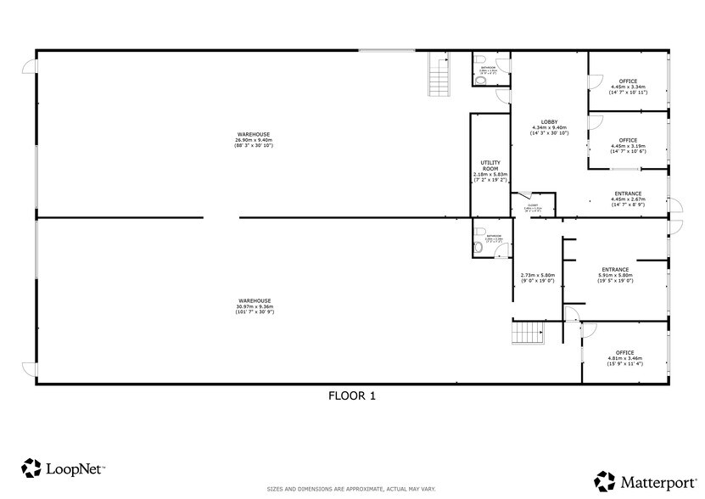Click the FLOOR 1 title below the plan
pos(351,395)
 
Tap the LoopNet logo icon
pos(31,468)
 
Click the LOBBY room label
pos(549,121)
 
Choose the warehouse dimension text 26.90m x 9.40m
pos(253,140)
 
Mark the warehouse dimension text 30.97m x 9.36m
pos(254,306)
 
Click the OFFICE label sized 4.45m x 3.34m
pos(627,81)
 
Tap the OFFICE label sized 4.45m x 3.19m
pos(628,140)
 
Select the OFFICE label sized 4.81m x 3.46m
pos(625,352)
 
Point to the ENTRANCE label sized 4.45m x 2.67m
pos(628,193)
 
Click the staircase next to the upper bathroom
pos(439,73)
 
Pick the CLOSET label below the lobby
pos(533,205)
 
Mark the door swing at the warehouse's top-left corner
pos(31,65)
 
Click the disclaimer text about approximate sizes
pos(351,490)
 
